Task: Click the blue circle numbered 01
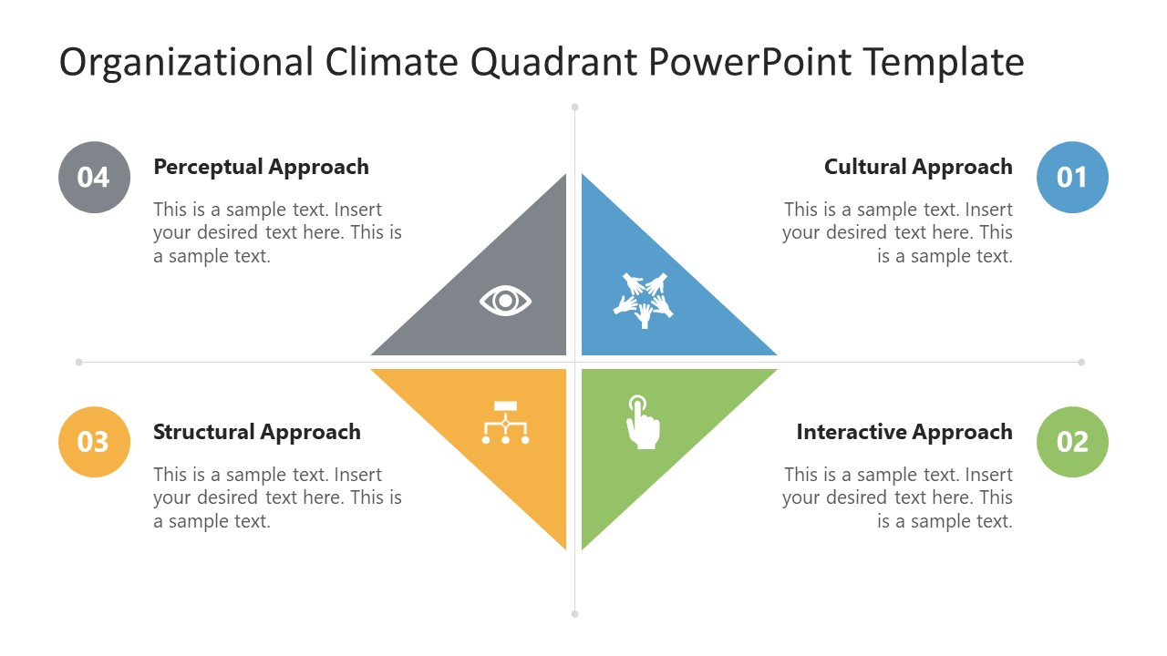tap(1072, 177)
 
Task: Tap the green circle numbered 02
tap(1072, 442)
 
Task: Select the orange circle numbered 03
tap(94, 442)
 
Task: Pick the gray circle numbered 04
tap(94, 177)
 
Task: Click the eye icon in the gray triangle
tap(505, 301)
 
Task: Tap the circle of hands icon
tap(643, 300)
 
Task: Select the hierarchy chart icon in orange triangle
tap(505, 423)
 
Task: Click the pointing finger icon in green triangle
tap(643, 422)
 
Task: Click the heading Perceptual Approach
tap(261, 167)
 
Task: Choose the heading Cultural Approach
tap(918, 167)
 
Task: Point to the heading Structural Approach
tap(256, 432)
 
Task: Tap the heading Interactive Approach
tap(904, 432)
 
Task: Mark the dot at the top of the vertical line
tap(574, 108)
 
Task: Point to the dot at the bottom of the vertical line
tap(574, 614)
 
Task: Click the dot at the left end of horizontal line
tap(79, 363)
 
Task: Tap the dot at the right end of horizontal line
tap(1081, 363)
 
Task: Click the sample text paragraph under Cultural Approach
tap(897, 232)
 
